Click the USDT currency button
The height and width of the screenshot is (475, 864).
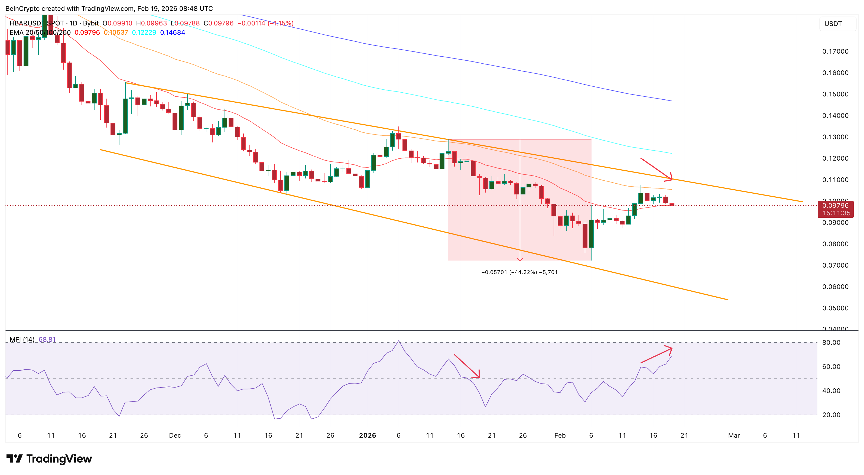tap(833, 24)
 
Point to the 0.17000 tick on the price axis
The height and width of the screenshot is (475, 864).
tap(835, 51)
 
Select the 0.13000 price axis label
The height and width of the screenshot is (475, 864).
tap(835, 137)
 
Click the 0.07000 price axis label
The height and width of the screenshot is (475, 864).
tap(835, 265)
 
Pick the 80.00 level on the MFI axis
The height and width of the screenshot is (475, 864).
tap(831, 343)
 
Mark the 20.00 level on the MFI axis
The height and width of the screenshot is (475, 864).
tap(831, 415)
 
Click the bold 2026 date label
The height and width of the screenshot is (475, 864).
tap(367, 435)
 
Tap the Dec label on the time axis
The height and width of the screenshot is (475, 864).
tap(175, 435)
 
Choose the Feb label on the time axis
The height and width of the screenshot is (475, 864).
tap(560, 435)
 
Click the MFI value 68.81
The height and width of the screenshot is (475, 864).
tap(47, 340)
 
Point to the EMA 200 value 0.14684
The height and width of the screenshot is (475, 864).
tap(173, 32)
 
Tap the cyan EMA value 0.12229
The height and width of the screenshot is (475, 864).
tap(144, 32)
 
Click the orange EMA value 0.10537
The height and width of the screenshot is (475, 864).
tap(116, 32)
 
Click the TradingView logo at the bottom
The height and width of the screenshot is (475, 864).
tap(49, 458)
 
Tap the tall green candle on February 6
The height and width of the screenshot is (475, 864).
tap(591, 233)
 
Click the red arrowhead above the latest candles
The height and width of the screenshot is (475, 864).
tap(670, 178)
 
